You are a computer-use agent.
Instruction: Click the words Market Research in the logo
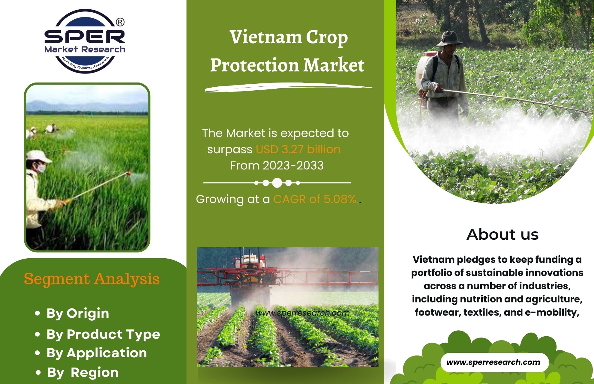[85, 49]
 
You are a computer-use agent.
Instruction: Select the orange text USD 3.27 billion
[298, 149]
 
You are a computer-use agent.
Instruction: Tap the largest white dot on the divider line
[277, 182]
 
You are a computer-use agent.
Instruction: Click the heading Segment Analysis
[91, 279]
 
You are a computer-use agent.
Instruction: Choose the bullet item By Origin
[78, 313]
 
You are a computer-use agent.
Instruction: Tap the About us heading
[502, 234]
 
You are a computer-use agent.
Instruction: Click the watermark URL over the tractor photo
[303, 313]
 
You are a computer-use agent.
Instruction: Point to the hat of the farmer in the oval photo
[449, 38]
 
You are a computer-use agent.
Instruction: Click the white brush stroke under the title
[289, 88]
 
